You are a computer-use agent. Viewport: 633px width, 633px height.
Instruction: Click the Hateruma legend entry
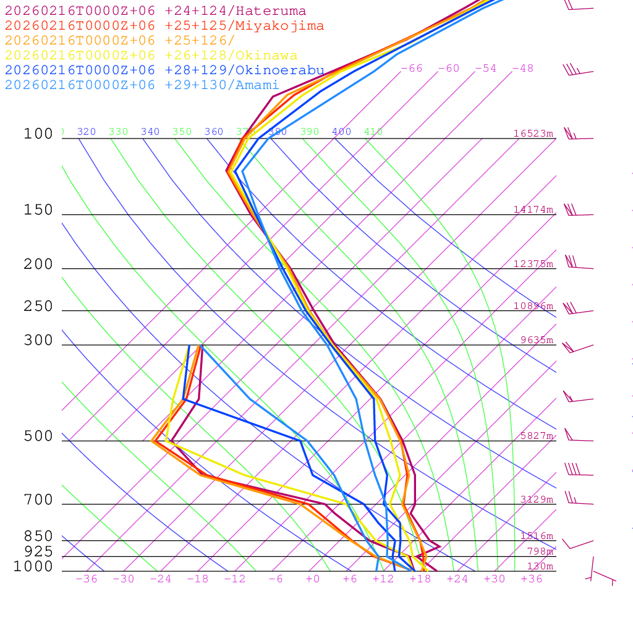coord(155,11)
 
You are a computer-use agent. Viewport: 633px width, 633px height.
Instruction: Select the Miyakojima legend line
coord(164,26)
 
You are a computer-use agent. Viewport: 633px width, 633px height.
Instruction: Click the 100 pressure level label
coord(38,134)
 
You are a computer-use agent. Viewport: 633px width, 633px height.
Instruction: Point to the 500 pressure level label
coord(38,437)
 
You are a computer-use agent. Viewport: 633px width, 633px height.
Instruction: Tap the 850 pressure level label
coord(38,537)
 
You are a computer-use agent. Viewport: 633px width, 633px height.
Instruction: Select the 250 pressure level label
coord(38,307)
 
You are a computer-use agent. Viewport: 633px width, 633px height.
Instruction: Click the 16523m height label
coord(533,134)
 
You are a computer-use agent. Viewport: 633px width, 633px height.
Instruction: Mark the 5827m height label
coord(537,436)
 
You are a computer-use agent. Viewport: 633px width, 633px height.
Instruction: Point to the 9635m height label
coord(537,340)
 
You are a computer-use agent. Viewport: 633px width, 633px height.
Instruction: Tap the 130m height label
coord(540,567)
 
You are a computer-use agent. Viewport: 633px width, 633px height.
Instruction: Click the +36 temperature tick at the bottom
coord(532,579)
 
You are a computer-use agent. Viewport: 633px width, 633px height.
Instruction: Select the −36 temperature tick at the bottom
coord(87,579)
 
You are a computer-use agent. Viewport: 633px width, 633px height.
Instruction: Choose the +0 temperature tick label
coord(313,579)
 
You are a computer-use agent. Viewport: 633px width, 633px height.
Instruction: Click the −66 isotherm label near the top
coord(411,69)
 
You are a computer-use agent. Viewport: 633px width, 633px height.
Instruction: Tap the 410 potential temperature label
coord(373,132)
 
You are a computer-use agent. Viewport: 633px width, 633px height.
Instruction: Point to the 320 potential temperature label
coord(87,132)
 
